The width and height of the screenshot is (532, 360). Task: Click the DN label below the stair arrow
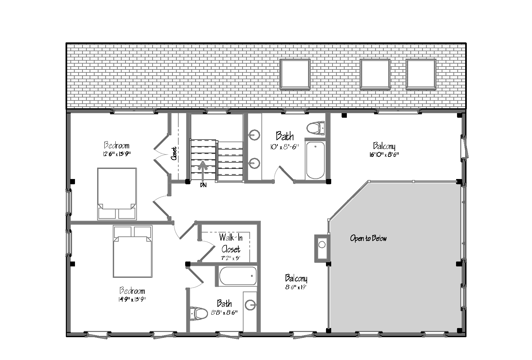point(203,185)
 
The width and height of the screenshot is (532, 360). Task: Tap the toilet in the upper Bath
point(316,128)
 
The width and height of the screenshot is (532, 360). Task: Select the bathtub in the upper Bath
point(316,160)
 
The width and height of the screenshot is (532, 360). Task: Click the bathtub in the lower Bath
point(238,276)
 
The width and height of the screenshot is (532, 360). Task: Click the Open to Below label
point(368,238)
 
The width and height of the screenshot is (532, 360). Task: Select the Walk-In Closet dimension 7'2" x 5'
point(230,258)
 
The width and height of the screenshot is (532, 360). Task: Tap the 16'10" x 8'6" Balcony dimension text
point(384,155)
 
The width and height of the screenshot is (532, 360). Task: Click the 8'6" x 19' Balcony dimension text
point(296,287)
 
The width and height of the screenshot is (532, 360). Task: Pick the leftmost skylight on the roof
point(295,74)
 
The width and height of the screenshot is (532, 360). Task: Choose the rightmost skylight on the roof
point(421,74)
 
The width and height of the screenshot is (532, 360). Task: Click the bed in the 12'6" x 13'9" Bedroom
point(117,194)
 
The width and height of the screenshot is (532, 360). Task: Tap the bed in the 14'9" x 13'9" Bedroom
point(133,251)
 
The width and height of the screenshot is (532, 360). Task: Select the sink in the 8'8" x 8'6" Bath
point(250,305)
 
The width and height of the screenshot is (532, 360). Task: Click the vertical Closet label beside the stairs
point(174,153)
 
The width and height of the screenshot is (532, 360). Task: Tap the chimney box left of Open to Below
point(322,248)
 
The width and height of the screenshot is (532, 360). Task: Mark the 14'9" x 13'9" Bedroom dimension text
point(132,299)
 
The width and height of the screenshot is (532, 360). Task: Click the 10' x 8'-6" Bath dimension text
point(284,147)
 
